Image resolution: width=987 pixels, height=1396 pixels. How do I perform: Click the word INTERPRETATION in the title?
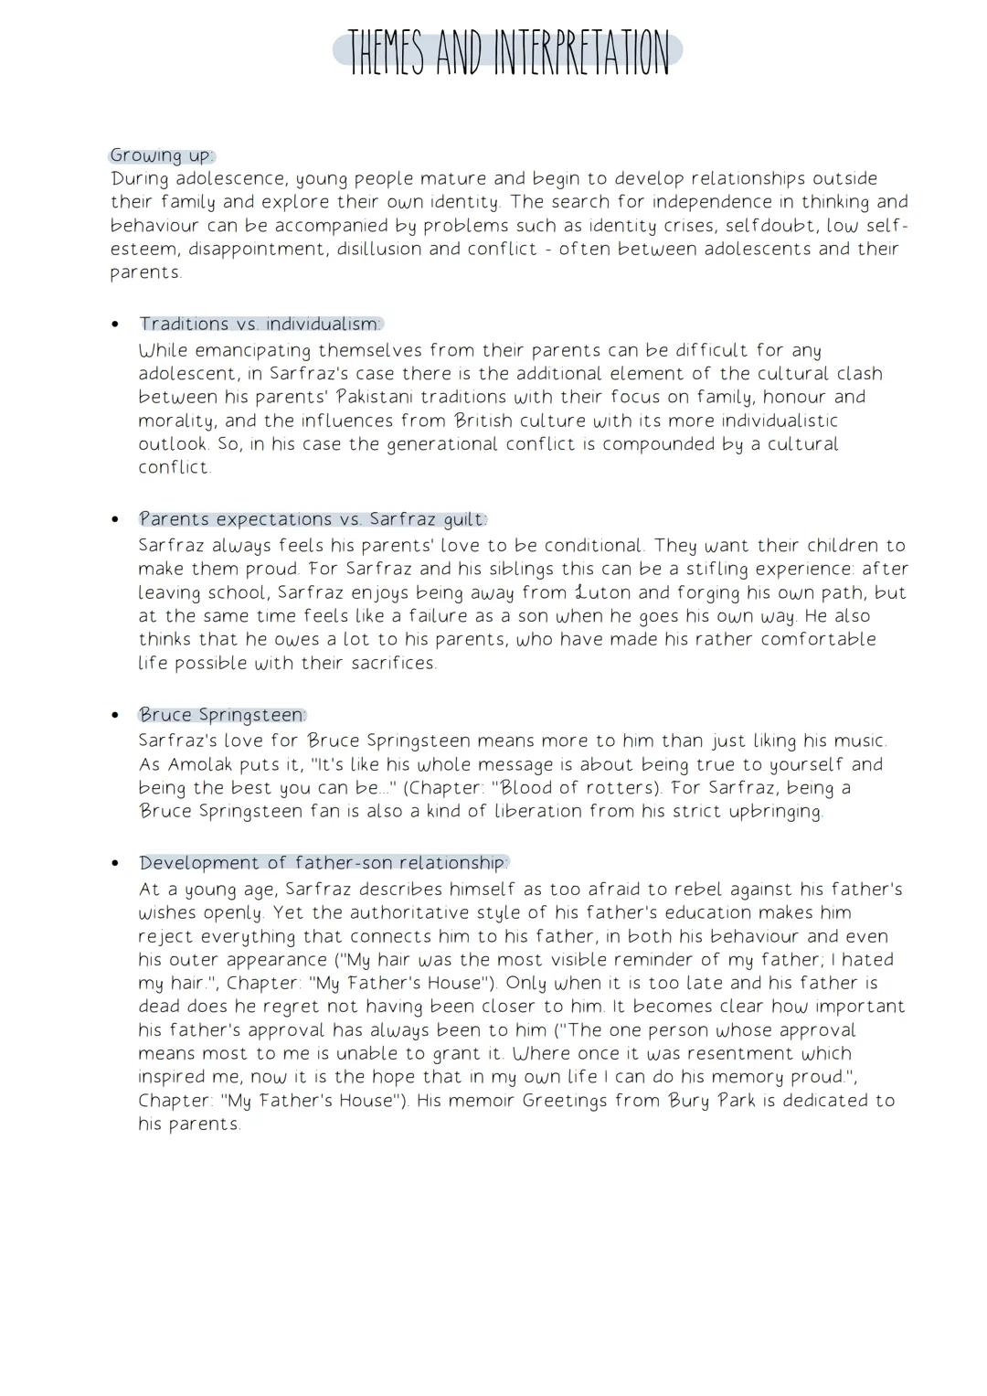tap(581, 54)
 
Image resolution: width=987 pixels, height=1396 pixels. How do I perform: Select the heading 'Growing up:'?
tap(161, 155)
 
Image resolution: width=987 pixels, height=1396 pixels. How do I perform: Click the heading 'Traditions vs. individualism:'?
tap(260, 324)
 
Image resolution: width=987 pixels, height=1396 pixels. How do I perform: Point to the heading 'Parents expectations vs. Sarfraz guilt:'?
tap(313, 519)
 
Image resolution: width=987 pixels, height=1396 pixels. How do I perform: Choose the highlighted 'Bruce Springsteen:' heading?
tap(222, 715)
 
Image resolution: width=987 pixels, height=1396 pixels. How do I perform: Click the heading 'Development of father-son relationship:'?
tap(324, 863)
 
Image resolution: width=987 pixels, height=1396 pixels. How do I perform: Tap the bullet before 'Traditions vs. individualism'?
tap(115, 325)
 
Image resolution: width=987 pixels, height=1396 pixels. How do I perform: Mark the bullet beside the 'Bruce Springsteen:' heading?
tap(115, 716)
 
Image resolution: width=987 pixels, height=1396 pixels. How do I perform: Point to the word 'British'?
tap(491, 421)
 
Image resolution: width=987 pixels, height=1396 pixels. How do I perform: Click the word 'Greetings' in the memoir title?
tap(564, 1101)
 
